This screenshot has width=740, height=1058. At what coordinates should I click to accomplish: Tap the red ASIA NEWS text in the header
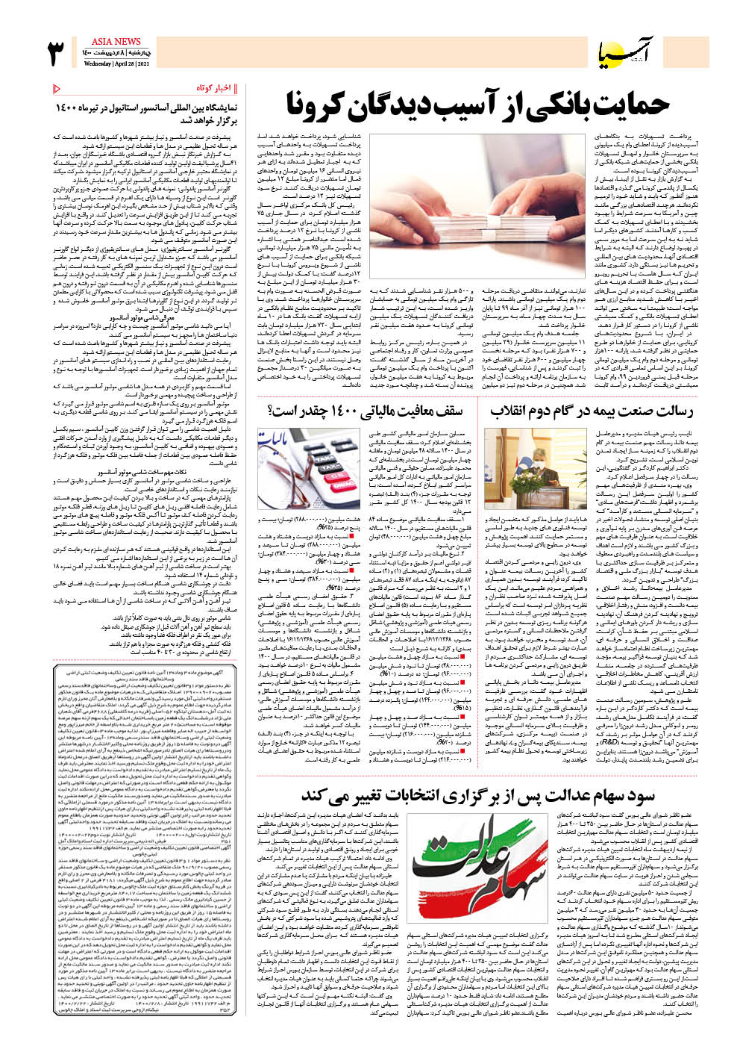[x=116, y=42]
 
